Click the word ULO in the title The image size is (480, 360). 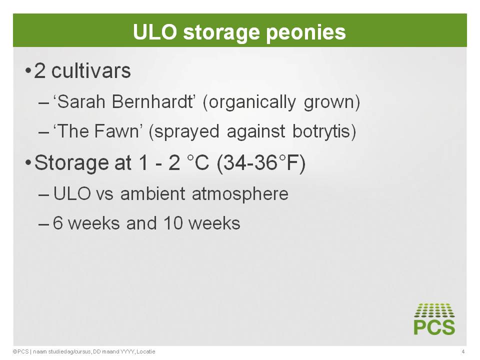[x=155, y=32]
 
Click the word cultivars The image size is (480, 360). [x=91, y=71]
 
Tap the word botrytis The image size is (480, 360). [x=321, y=131]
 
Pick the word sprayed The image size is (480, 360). [x=186, y=132]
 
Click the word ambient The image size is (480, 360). [x=153, y=194]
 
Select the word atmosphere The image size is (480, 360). [x=240, y=194]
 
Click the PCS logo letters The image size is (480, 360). [x=434, y=327]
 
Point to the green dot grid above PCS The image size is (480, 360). [x=434, y=310]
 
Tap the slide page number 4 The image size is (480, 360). [x=463, y=351]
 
